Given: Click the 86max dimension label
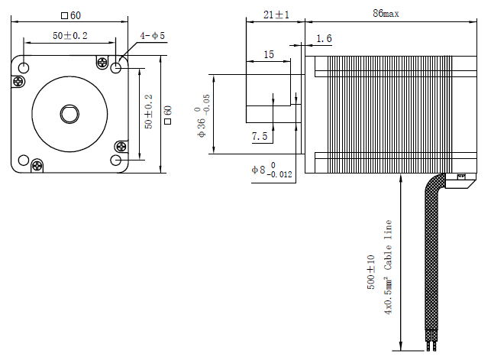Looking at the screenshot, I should point(386,13).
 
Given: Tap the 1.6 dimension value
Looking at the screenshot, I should point(324,38).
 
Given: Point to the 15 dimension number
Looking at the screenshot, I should point(268,54).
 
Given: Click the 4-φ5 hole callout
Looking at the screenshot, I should point(152,35).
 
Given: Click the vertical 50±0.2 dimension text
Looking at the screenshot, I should point(149,112).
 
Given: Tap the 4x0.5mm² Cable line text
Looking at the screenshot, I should point(388,268).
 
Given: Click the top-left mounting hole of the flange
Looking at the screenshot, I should point(24,68).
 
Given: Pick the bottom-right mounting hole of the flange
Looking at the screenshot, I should point(116,160).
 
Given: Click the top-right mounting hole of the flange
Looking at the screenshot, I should point(116,68).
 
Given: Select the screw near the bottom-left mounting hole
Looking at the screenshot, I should point(37,164).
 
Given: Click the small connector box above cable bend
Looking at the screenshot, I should point(462,180).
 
